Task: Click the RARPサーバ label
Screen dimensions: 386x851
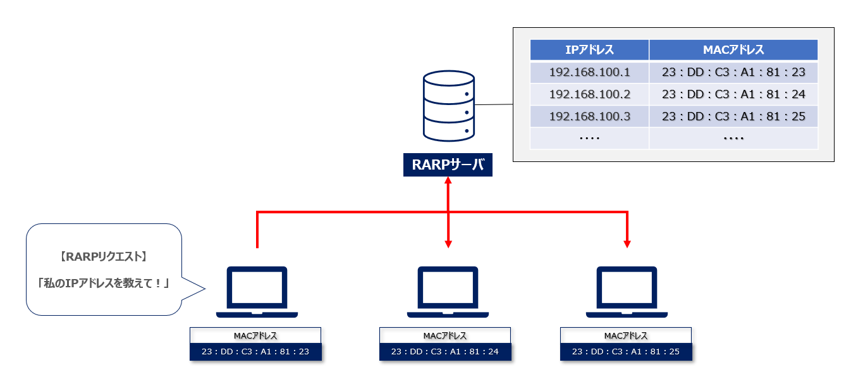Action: click(x=448, y=166)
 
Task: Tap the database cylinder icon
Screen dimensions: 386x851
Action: click(x=448, y=106)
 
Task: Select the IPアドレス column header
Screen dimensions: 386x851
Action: click(x=589, y=50)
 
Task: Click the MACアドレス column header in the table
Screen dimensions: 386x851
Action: click(x=733, y=50)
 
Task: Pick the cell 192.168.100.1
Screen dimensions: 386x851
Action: click(x=589, y=72)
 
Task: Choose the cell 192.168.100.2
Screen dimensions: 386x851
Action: click(x=589, y=94)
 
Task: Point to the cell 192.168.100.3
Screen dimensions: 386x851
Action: click(x=589, y=116)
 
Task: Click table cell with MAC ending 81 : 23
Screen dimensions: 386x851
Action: click(x=733, y=72)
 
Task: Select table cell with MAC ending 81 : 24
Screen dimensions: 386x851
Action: click(x=733, y=94)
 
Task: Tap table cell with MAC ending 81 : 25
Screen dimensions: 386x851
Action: click(x=733, y=116)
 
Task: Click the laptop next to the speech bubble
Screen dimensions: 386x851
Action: click(x=257, y=292)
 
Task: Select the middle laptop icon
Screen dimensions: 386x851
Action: click(x=448, y=292)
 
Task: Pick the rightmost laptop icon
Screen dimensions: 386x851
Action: click(x=627, y=292)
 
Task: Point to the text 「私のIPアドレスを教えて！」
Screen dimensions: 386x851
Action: click(x=104, y=283)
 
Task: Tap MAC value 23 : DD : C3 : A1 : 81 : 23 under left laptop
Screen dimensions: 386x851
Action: click(x=255, y=352)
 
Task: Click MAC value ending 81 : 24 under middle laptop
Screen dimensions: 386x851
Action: click(x=445, y=352)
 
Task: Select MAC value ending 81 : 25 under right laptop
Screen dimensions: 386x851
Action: click(x=626, y=352)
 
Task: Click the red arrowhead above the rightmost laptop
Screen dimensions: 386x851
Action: click(x=627, y=243)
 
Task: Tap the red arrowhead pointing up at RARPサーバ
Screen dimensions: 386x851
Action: click(x=448, y=182)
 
